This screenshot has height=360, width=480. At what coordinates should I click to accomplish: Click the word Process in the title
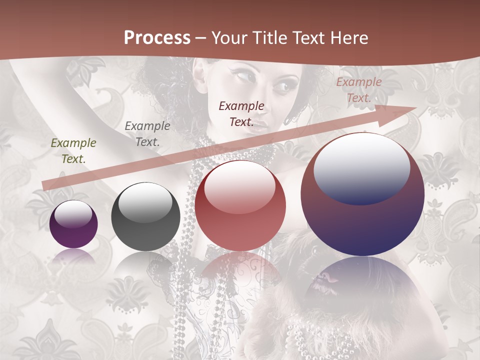pos(157,38)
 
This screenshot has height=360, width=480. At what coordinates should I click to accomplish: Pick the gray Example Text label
pos(147,134)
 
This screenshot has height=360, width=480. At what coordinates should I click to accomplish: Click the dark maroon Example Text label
pos(241,114)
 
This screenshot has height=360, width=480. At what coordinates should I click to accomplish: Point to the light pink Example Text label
pos(358,90)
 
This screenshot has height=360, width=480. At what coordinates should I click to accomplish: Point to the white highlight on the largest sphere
pos(362,167)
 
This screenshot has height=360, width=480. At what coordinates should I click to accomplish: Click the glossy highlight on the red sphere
pos(240,186)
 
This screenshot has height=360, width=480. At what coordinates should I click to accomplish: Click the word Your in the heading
pos(229,38)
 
